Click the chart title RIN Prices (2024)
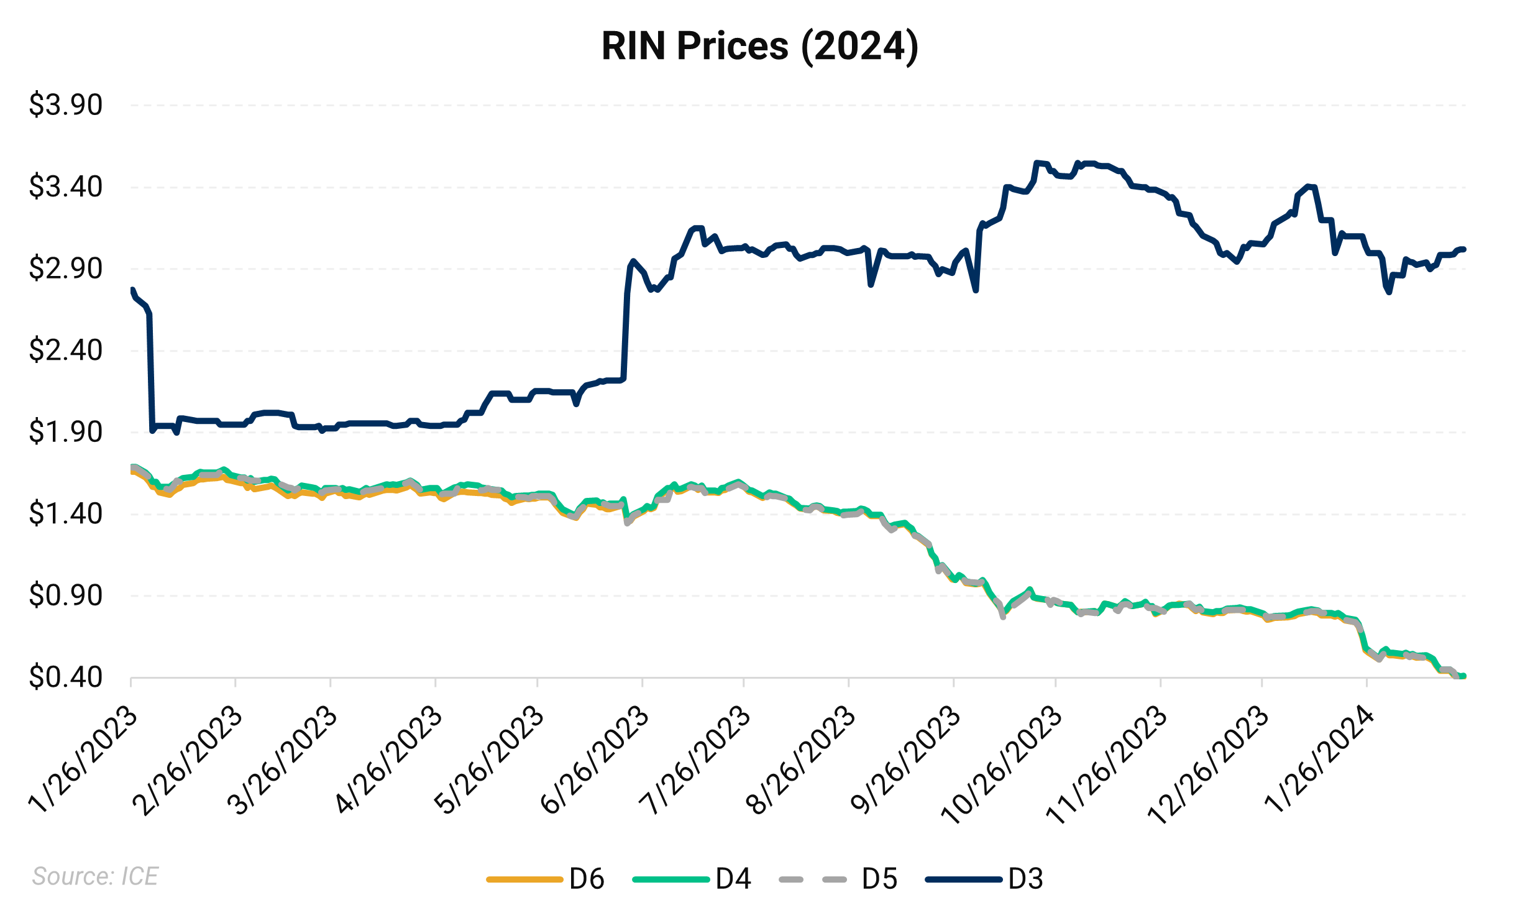[759, 46]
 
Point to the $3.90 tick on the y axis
[65, 105]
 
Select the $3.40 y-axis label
[65, 187]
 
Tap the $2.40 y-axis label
[65, 351]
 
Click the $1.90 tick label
[65, 432]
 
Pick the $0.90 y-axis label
[65, 595]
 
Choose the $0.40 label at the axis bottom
[65, 677]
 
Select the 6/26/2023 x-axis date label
[595, 760]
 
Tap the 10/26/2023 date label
[1002, 765]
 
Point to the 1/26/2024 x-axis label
[1320, 760]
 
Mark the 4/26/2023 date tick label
[389, 760]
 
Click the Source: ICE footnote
[95, 876]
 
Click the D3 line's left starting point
[132, 290]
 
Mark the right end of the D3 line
[1463, 249]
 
